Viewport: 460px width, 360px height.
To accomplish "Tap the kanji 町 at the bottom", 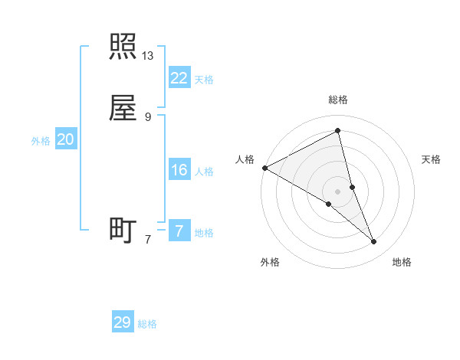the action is click(123, 230).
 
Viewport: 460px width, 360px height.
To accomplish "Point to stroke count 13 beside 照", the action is click(148, 56).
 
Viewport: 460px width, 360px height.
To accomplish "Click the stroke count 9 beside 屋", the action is click(148, 117).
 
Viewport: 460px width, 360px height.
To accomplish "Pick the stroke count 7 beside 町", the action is click(148, 240).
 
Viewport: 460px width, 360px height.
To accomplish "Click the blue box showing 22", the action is click(179, 78).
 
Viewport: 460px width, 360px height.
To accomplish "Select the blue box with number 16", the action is click(179, 170).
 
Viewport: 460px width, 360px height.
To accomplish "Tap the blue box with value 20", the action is click(65, 139).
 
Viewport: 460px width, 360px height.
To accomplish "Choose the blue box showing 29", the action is click(122, 322).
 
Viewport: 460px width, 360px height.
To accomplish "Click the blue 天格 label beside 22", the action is click(204, 80).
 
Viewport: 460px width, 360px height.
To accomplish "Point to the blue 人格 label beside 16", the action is click(204, 172).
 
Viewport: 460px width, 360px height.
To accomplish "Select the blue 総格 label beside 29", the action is click(147, 324).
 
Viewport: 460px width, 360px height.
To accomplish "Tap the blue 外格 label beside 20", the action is click(41, 141).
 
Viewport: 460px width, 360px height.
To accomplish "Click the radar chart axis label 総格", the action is click(337, 100).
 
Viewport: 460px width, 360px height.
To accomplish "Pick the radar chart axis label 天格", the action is click(432, 159).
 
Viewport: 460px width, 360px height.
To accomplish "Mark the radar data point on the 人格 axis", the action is click(264, 167).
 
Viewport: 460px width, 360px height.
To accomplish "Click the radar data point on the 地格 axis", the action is click(374, 242).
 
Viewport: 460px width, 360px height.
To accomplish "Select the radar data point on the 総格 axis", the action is click(337, 131).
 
